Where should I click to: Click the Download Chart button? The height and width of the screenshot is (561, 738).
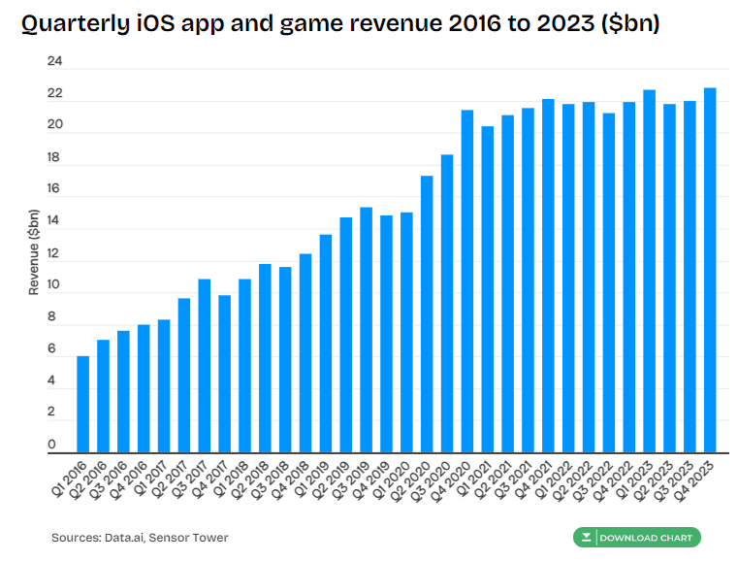[x=636, y=538]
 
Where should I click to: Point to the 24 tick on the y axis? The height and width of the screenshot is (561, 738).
[x=55, y=62]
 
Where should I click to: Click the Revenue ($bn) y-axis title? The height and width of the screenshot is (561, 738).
[x=34, y=252]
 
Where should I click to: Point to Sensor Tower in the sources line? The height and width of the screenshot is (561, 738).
[x=194, y=538]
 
